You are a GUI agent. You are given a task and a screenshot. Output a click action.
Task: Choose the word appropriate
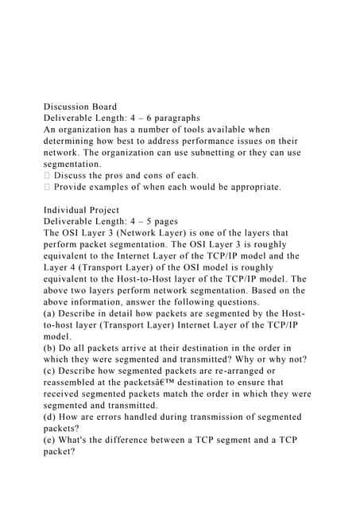click(250, 187)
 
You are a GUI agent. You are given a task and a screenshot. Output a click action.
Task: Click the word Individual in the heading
click(67, 210)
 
